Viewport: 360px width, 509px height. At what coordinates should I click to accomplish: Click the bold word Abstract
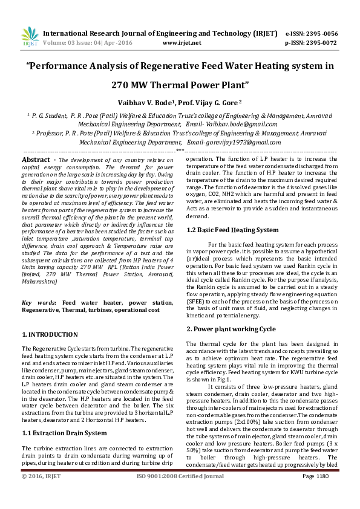pyautogui.click(x=36, y=160)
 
